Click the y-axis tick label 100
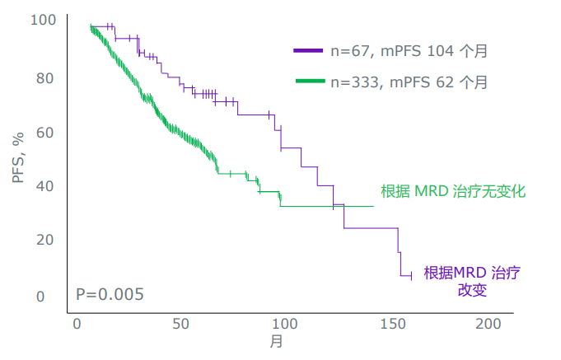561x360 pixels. tap(44, 20)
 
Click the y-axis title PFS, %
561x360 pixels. tap(19, 157)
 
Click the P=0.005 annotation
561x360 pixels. tap(110, 294)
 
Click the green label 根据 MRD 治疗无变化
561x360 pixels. tap(453, 191)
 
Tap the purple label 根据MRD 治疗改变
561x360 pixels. tap(472, 281)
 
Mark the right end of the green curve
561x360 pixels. tap(374, 206)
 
